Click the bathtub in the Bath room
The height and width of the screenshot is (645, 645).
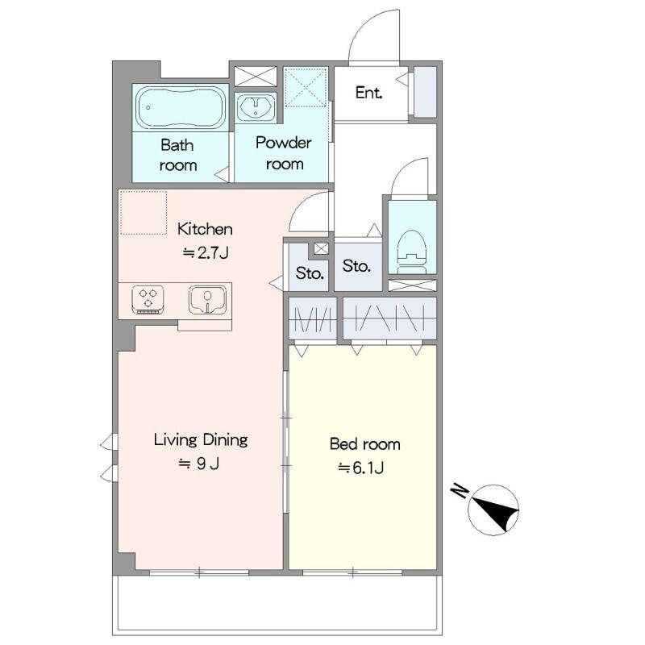[181, 108]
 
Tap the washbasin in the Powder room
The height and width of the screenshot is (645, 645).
[256, 108]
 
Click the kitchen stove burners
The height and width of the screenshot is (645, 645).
[148, 299]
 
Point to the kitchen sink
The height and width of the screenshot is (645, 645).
[207, 300]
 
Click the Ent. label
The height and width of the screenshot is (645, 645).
[369, 93]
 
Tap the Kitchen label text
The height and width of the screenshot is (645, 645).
[205, 229]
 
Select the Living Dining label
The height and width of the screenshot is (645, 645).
[201, 439]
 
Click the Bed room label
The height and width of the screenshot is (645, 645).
[365, 444]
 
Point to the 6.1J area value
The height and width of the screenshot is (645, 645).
[361, 468]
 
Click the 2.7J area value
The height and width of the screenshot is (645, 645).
[206, 252]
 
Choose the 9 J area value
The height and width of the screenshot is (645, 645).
[199, 464]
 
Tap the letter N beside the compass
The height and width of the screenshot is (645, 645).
[460, 491]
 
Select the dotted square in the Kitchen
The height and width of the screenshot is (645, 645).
[144, 213]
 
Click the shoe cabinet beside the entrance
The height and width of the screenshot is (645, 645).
[425, 92]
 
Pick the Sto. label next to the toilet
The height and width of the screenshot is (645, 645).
[356, 266]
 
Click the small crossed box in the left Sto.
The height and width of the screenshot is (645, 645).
[321, 248]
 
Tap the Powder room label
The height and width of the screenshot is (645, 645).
[284, 153]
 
